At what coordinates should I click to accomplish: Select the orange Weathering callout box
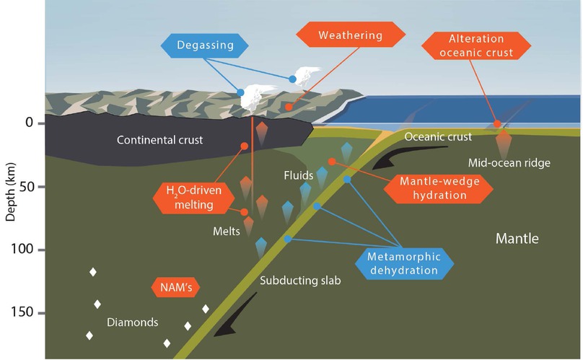tap(350, 35)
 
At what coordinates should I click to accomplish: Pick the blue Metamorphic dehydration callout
tap(403, 263)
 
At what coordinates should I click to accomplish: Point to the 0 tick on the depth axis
tap(30, 123)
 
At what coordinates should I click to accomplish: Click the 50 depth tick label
tap(27, 187)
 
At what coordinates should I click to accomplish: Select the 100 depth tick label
tap(24, 250)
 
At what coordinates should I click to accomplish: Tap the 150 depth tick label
tap(24, 313)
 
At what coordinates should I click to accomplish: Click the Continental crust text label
tap(160, 140)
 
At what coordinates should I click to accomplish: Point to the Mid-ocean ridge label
tap(509, 163)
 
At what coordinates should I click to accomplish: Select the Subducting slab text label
tap(299, 280)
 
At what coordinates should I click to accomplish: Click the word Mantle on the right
tap(517, 239)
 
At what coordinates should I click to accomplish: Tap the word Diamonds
tap(132, 322)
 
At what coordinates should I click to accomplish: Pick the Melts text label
tap(227, 233)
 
